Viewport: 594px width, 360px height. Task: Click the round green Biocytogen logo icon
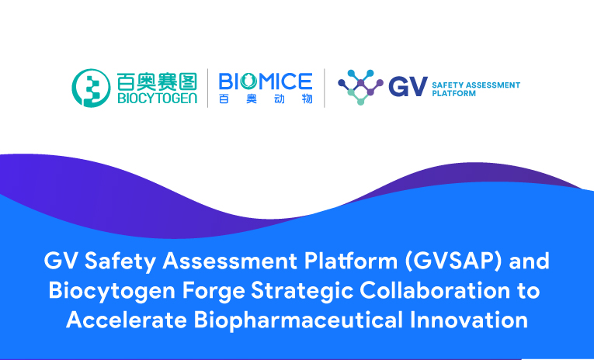pos(92,88)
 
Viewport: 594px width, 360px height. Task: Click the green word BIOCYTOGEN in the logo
pos(157,98)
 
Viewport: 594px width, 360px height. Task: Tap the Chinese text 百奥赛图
pos(157,81)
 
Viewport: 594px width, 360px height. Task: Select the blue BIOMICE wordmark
pos(266,81)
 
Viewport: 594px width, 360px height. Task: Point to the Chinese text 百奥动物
pos(266,99)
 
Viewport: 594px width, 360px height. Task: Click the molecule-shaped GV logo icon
pos(360,87)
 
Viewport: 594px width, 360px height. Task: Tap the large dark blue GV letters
pos(408,87)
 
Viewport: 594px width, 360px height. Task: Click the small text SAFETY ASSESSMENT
pos(476,85)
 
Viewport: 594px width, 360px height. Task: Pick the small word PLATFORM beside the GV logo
pos(453,94)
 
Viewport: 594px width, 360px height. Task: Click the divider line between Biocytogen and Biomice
pos(207,88)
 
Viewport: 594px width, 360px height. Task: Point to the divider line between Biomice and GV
pos(325,88)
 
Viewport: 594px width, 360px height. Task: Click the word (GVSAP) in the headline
pos(453,261)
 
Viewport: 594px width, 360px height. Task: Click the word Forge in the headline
pos(214,292)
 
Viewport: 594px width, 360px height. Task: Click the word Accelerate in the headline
pos(127,320)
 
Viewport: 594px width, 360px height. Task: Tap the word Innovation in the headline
pos(469,320)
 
